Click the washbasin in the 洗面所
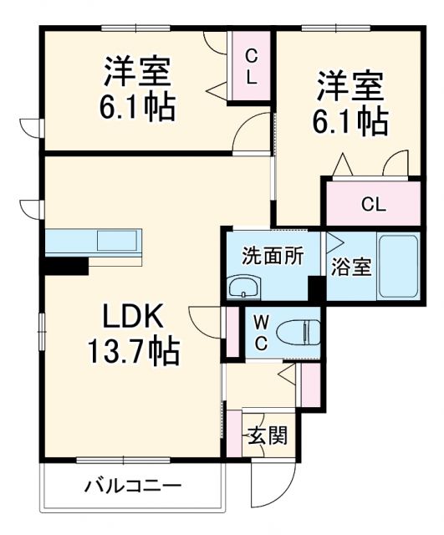(x=243, y=290)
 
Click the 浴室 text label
(x=351, y=268)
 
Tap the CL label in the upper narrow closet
(x=251, y=67)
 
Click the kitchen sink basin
(x=117, y=241)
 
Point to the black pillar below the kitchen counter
(x=66, y=266)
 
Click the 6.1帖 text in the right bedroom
(x=351, y=122)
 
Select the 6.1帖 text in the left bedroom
(x=138, y=109)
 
